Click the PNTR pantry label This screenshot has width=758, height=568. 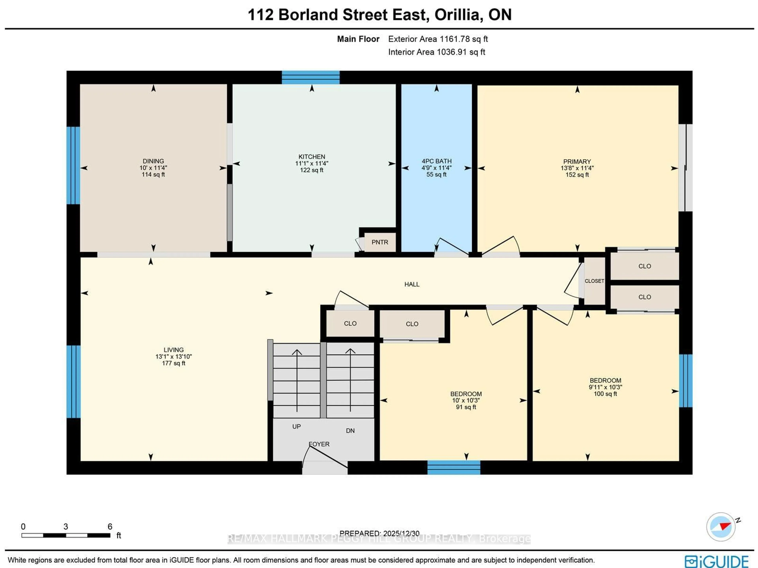tap(380, 242)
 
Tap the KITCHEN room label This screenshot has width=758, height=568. tap(311, 157)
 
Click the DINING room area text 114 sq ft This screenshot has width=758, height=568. tap(153, 175)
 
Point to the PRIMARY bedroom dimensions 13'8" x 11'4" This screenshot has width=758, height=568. tap(577, 168)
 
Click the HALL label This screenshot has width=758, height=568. tap(412, 284)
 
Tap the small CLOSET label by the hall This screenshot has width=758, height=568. tap(594, 281)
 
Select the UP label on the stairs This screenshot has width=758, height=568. tap(296, 426)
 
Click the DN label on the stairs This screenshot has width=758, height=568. tap(350, 431)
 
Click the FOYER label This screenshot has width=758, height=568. tap(319, 444)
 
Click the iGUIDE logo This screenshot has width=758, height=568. tap(716, 561)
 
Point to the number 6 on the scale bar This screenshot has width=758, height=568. tap(110, 527)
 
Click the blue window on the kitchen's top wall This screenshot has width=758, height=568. tap(311, 77)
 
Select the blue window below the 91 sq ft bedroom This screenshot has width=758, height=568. tap(454, 467)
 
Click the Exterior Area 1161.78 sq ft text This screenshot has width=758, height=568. tap(438, 39)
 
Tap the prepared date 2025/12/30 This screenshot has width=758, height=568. tap(401, 533)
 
